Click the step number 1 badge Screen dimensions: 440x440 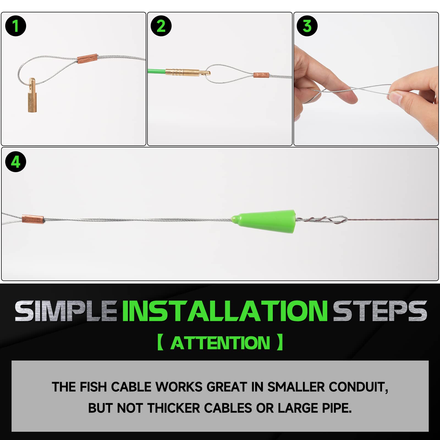tap(16, 26)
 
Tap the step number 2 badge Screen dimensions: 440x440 tap(161, 26)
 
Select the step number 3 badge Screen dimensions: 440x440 tap(307, 26)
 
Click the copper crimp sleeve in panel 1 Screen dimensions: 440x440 tap(87, 59)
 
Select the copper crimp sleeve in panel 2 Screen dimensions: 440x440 tap(261, 75)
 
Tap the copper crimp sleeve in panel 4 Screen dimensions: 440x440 tap(33, 219)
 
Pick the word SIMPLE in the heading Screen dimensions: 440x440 tap(66, 311)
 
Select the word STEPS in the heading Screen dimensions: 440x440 tap(380, 311)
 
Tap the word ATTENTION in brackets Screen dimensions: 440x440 tap(220, 343)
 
